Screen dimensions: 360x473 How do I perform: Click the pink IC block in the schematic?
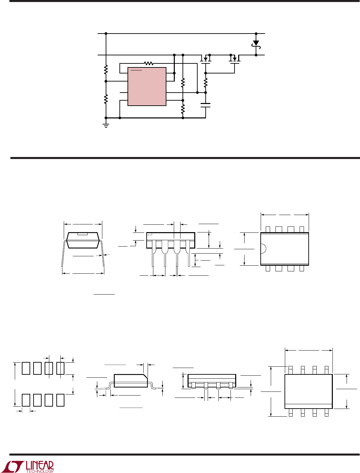pyautogui.click(x=147, y=87)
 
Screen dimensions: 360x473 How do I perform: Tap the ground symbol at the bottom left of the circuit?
pyautogui.click(x=106, y=126)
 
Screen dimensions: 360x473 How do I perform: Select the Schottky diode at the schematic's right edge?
pyautogui.click(x=256, y=45)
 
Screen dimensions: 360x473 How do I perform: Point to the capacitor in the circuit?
pyautogui.click(x=206, y=105)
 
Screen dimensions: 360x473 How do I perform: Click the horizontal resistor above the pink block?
pyautogui.click(x=149, y=63)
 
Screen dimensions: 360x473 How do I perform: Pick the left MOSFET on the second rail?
pyautogui.click(x=205, y=59)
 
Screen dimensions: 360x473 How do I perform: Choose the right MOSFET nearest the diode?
pyautogui.click(x=235, y=59)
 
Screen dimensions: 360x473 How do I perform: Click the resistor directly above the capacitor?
pyautogui.click(x=206, y=83)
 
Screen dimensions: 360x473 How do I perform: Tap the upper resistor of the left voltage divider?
pyautogui.click(x=106, y=69)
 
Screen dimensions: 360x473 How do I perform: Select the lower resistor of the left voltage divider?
pyautogui.click(x=106, y=99)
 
